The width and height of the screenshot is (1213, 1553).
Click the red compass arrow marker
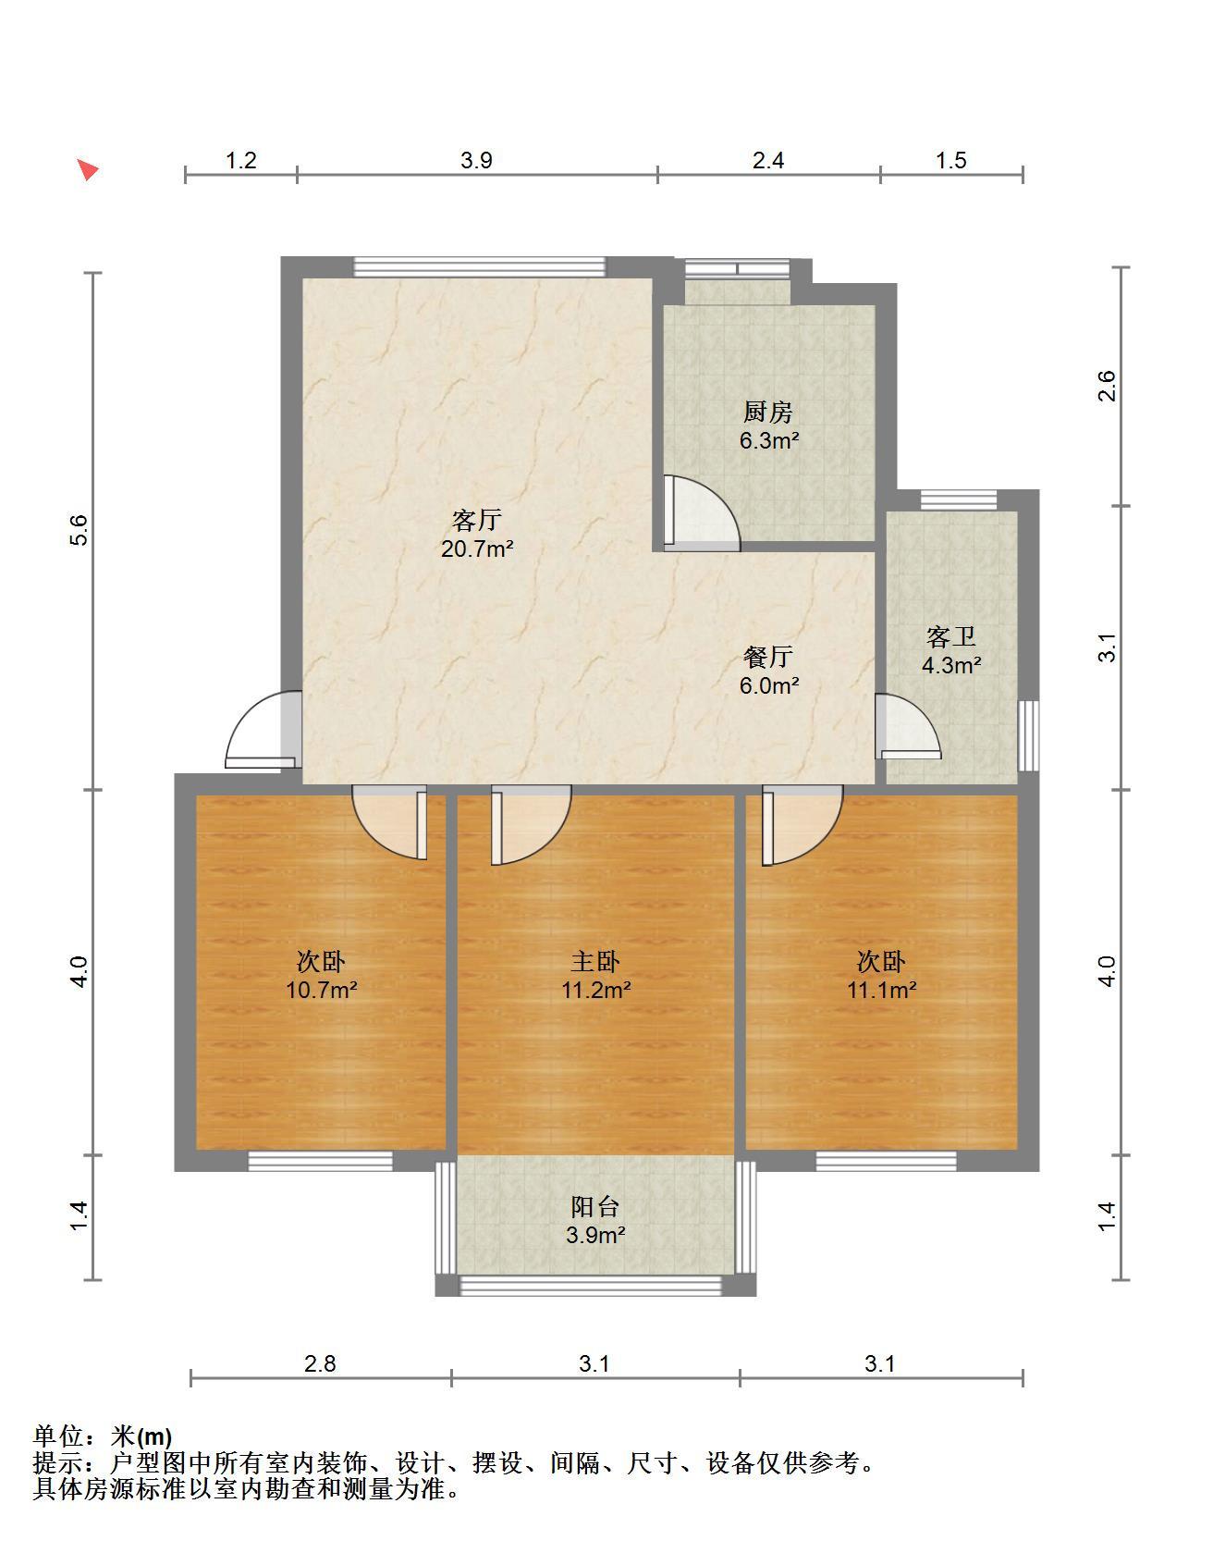tap(88, 170)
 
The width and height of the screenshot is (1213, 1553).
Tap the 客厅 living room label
tap(477, 520)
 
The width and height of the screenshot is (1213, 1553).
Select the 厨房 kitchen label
tap(768, 413)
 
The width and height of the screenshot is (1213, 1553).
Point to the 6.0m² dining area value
tap(768, 685)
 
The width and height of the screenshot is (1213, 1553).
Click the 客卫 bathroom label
tap(951, 637)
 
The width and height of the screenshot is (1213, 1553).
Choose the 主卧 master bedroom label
tap(596, 962)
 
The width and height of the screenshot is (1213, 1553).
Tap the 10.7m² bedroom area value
tap(322, 991)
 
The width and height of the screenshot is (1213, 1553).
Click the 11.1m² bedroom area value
tap(882, 991)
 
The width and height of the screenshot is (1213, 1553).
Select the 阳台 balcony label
tap(595, 1206)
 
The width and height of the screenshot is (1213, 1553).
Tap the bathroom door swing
tap(908, 726)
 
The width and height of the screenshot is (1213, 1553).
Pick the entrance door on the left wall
tap(263, 730)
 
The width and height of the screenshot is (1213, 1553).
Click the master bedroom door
tap(531, 825)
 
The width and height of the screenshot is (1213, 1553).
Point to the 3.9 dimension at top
tap(476, 160)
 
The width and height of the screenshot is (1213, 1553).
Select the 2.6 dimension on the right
tap(1107, 386)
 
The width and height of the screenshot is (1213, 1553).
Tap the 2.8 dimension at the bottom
tap(321, 1363)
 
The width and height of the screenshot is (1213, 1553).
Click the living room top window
tap(480, 266)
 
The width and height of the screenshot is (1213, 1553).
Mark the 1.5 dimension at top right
tap(950, 160)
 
